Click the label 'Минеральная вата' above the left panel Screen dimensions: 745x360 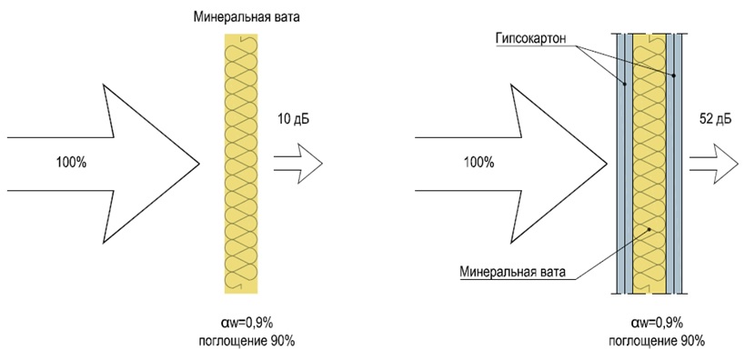click(x=240, y=16)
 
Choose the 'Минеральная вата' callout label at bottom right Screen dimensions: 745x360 click(x=513, y=272)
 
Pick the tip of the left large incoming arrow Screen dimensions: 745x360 click(x=198, y=164)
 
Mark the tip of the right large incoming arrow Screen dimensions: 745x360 click(x=607, y=164)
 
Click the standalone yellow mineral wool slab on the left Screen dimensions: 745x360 click(x=241, y=164)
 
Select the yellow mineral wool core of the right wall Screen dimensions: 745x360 click(x=649, y=164)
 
